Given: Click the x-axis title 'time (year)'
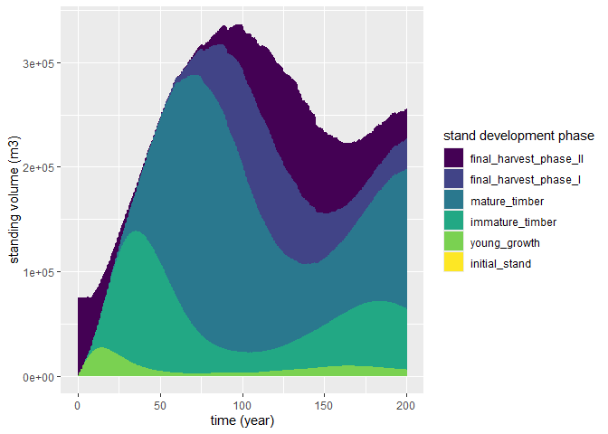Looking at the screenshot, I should click(x=242, y=420).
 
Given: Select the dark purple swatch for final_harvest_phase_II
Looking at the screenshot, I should click(x=454, y=158).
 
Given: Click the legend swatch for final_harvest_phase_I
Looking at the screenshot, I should click(x=454, y=179).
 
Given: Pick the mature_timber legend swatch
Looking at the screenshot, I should click(x=454, y=201).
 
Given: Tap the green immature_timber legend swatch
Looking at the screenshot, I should click(x=454, y=222).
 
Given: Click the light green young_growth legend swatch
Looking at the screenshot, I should click(x=454, y=242).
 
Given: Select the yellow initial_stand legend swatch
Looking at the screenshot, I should click(x=454, y=263).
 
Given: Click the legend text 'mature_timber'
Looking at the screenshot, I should click(x=507, y=201).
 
